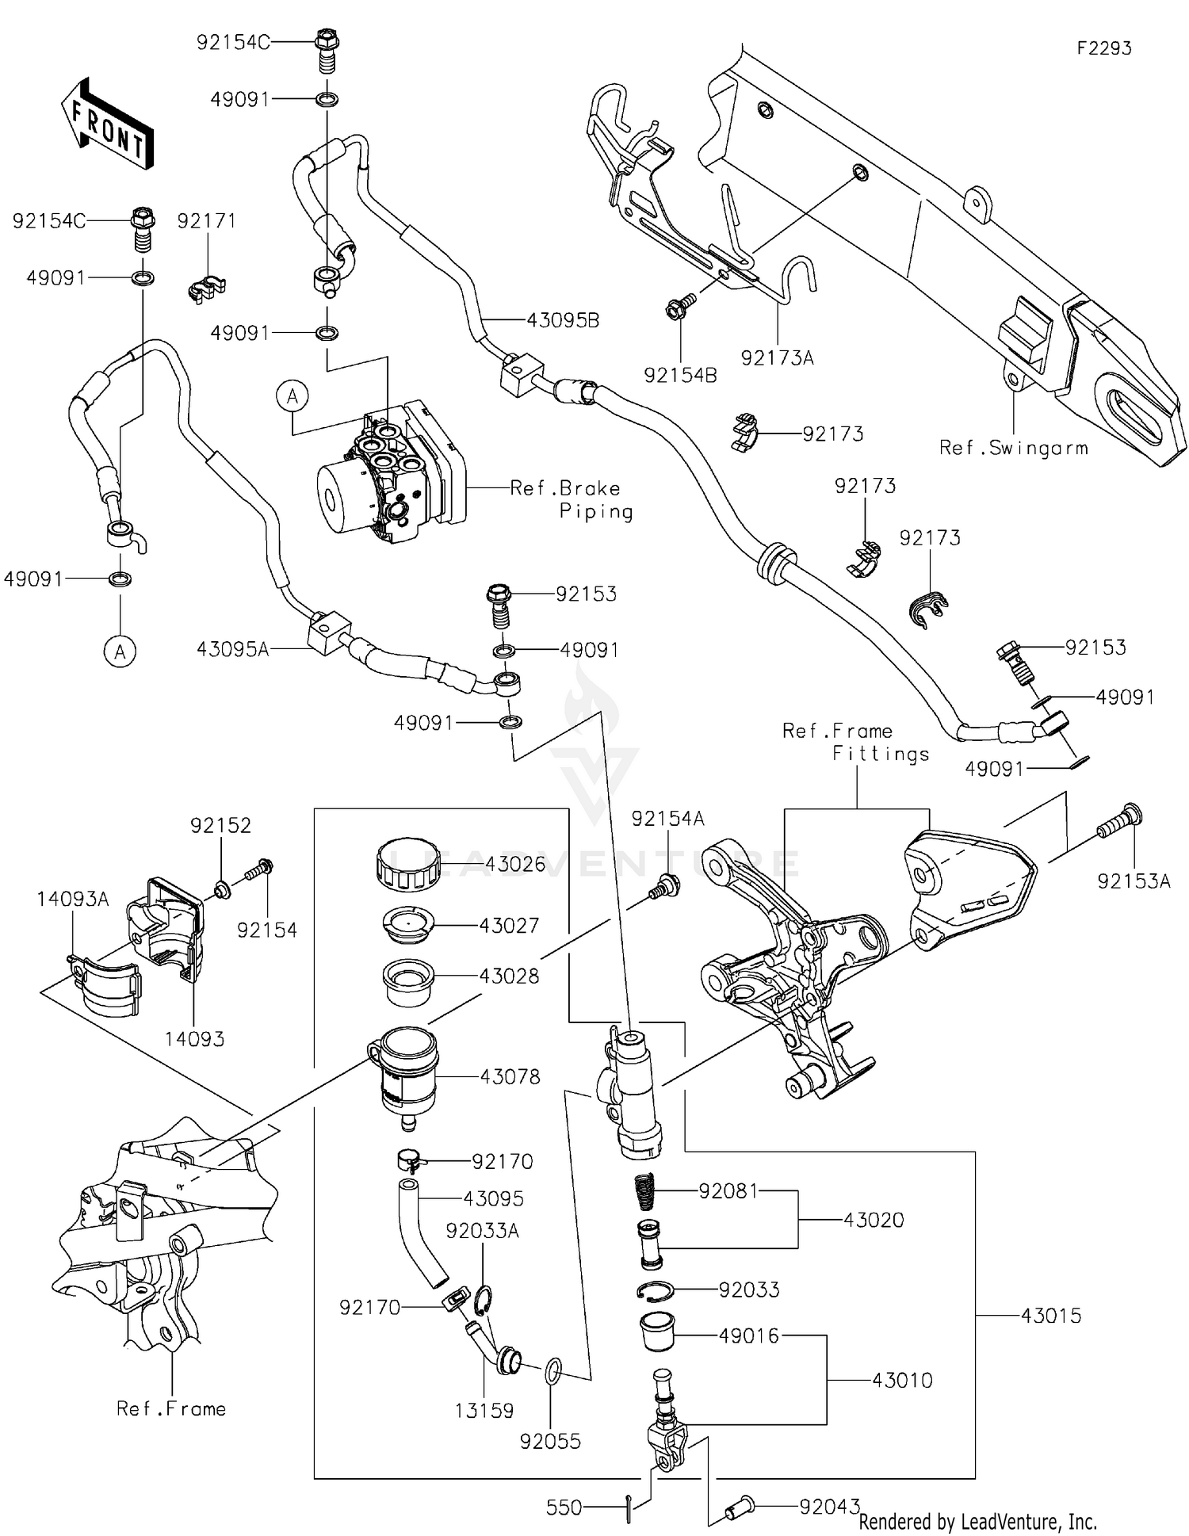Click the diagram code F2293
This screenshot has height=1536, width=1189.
pos(1103,48)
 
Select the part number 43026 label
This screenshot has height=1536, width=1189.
pos(515,864)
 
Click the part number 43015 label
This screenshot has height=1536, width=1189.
pos(1050,1316)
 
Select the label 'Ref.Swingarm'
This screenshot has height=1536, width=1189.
pos(1012,448)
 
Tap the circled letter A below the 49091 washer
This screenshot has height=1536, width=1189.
pos(120,651)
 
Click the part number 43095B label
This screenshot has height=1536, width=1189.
pos(563,320)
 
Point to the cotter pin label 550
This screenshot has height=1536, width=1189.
pos(564,1507)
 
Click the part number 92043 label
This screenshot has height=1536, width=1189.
pos(829,1507)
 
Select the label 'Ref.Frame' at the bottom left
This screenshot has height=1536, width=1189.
pos(170,1408)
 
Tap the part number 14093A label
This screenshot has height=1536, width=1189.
pos(72,899)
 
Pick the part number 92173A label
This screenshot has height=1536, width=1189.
pos(777,357)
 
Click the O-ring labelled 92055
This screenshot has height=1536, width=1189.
pos(554,1369)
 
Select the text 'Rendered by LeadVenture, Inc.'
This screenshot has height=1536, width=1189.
pos(977,1521)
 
